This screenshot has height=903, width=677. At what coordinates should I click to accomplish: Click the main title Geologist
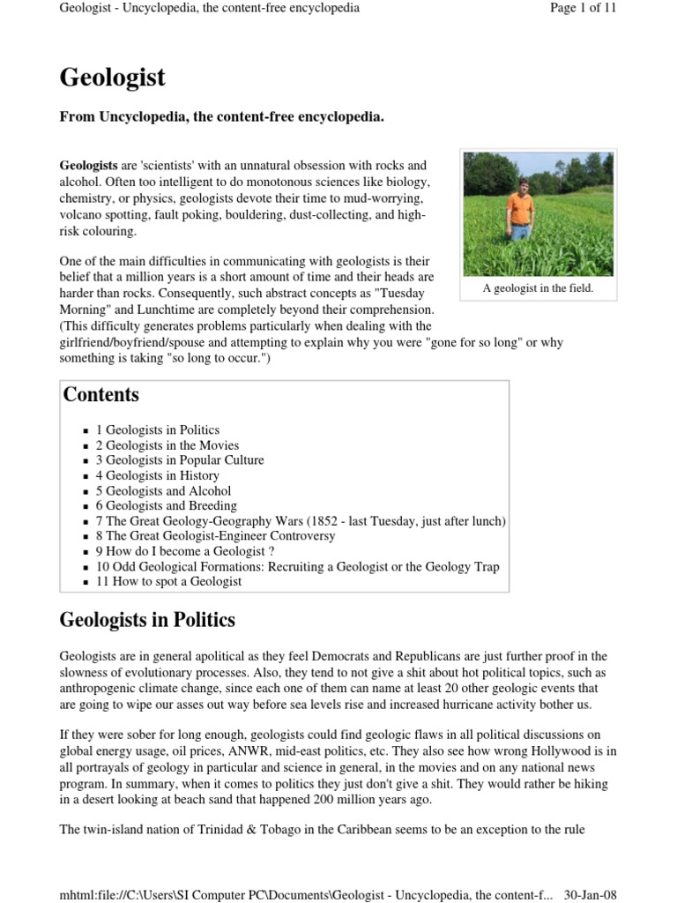112,78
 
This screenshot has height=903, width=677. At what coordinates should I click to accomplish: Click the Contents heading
100,394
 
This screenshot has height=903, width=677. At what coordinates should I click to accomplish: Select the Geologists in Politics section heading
147,620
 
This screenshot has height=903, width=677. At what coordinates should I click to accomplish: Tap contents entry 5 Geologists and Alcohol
163,490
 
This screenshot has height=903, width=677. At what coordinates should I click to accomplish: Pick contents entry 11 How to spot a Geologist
168,581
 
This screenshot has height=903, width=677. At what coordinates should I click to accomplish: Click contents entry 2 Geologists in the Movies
167,445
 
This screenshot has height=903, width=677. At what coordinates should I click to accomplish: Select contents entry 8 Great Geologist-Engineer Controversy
215,536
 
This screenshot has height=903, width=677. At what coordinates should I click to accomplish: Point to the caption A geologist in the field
538,288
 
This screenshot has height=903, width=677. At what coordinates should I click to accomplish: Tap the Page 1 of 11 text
583,8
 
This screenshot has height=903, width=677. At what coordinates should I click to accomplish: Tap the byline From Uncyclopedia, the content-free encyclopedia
221,117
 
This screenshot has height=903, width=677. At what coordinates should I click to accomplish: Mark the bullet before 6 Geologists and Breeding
86,506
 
